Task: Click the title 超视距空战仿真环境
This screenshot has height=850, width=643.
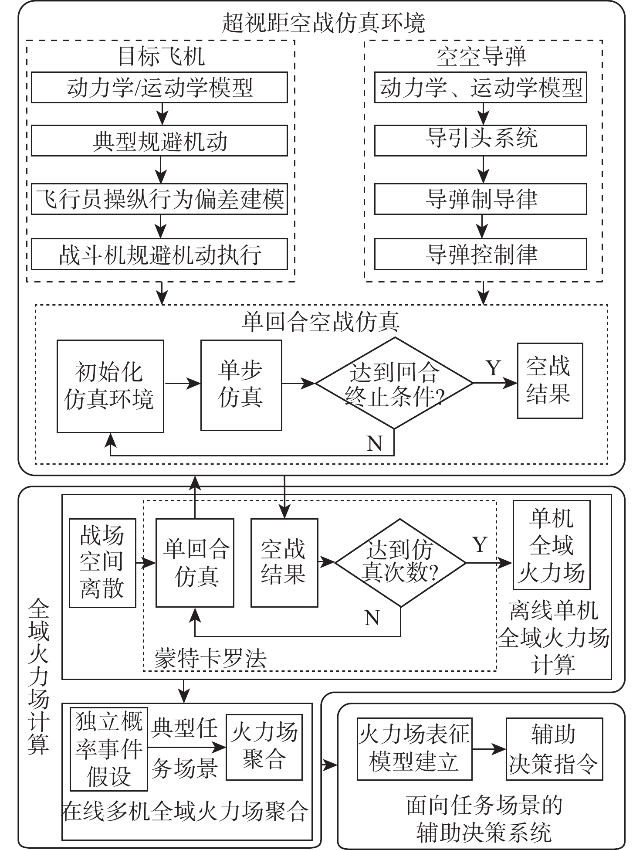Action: point(323,23)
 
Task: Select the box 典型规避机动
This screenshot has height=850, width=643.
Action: point(159,141)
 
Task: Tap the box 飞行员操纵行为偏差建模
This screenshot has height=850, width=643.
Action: point(159,199)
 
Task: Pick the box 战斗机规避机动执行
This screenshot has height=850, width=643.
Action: point(159,254)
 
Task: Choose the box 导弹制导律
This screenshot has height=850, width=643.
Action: point(481,199)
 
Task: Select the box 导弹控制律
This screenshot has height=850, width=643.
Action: point(481,254)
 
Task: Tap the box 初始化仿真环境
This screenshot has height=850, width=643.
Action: point(110,386)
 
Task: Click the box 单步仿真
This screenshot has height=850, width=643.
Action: point(241,385)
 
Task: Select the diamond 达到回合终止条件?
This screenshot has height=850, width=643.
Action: point(394,384)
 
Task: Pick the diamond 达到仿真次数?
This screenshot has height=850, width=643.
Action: point(400,562)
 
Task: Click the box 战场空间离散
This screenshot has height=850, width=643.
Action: point(102,563)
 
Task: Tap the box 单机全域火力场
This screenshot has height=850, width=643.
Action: point(551,545)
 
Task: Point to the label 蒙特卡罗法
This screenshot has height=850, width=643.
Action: point(210,658)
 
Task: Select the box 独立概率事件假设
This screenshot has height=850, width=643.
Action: point(109,749)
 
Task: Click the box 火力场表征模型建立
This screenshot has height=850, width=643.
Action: point(414,749)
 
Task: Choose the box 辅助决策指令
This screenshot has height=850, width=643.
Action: point(554,749)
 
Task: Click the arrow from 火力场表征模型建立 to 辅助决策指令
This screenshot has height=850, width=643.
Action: point(489,749)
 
